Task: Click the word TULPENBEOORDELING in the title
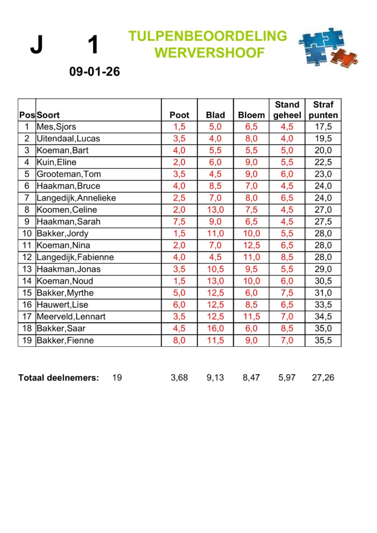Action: (x=207, y=36)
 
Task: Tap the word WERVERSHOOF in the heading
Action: (x=209, y=53)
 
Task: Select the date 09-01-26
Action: (x=94, y=72)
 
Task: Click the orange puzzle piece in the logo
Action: (x=344, y=57)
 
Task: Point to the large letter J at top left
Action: (x=36, y=46)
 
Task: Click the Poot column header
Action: (x=180, y=115)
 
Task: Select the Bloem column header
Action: (x=251, y=115)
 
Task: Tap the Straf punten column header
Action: (x=323, y=110)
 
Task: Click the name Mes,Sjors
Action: (x=56, y=127)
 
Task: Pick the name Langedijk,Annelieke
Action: (x=76, y=198)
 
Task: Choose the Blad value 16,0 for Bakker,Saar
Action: (x=215, y=329)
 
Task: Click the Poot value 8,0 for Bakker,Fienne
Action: (x=180, y=341)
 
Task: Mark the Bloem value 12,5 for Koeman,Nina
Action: (x=251, y=246)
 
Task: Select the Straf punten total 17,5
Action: (x=323, y=127)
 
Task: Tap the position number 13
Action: (x=27, y=270)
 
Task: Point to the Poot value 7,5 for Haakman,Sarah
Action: (x=180, y=222)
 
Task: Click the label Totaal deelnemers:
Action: (x=58, y=378)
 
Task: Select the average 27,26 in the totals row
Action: (x=323, y=378)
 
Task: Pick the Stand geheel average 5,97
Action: (x=287, y=378)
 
